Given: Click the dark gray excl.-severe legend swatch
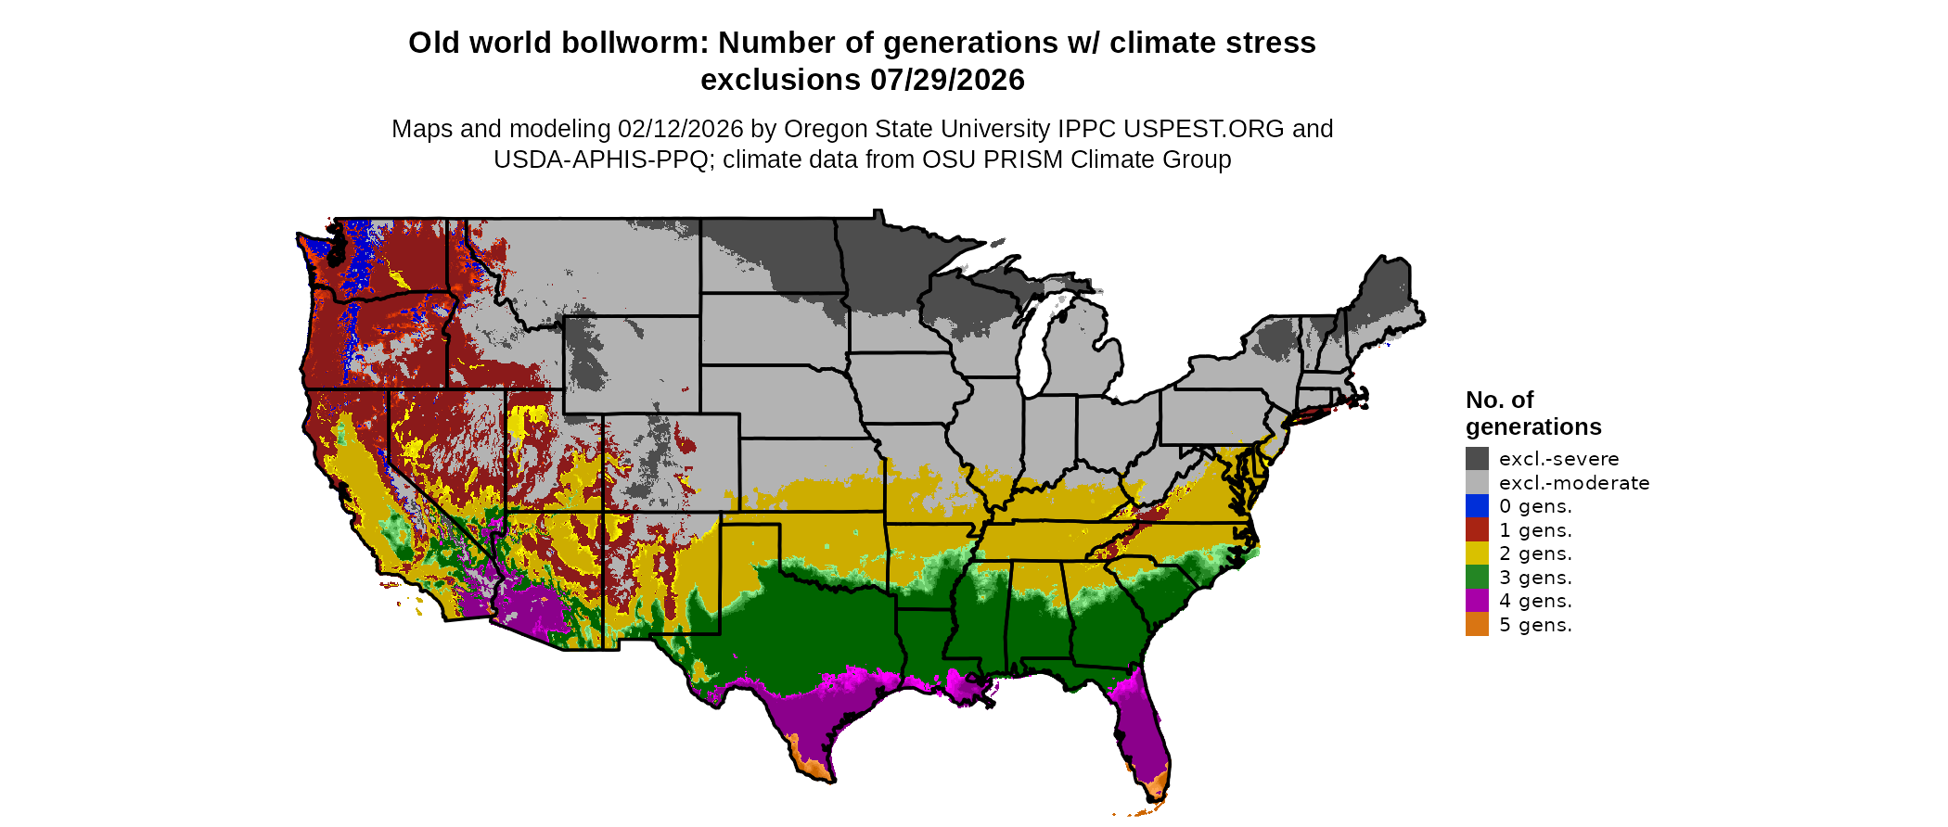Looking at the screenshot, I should (x=1477, y=458).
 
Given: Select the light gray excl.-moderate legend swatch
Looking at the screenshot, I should (x=1477, y=482).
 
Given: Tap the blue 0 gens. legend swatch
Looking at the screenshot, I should (x=1477, y=506).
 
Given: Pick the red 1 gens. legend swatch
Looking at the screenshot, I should (x=1477, y=529).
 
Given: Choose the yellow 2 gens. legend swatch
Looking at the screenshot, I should (x=1477, y=553).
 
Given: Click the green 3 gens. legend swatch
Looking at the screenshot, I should (x=1477, y=577).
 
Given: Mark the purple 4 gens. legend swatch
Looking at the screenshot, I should (x=1477, y=601).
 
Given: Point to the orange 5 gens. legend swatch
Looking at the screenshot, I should (x=1477, y=624).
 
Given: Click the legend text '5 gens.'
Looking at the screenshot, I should (x=1535, y=625).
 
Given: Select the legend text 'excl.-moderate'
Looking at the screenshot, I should (x=1574, y=483).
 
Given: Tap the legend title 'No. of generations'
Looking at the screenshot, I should (x=1532, y=413).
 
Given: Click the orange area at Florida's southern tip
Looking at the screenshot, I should (x=1156, y=789).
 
